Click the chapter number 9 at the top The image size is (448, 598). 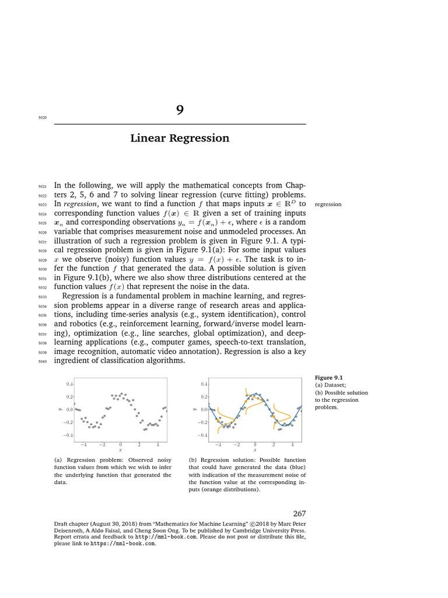(180, 111)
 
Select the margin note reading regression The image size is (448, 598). (328, 204)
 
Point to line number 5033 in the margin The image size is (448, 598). (42, 297)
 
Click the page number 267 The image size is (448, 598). (299, 513)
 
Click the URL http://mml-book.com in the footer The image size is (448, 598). (156, 535)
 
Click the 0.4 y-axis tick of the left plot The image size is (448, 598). (69, 384)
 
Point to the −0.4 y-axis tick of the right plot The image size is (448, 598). (202, 435)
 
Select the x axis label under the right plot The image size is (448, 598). (254, 450)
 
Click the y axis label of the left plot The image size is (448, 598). (60, 409)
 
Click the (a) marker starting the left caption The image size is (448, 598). (57, 460)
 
